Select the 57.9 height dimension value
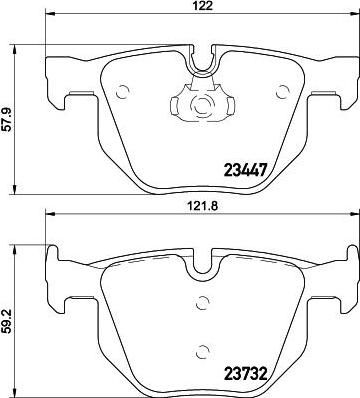[8, 119]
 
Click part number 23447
[246, 170]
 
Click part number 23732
[246, 374]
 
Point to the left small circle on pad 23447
[122, 92]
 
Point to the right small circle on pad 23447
[282, 92]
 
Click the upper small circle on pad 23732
[202, 302]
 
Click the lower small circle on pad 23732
[202, 351]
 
